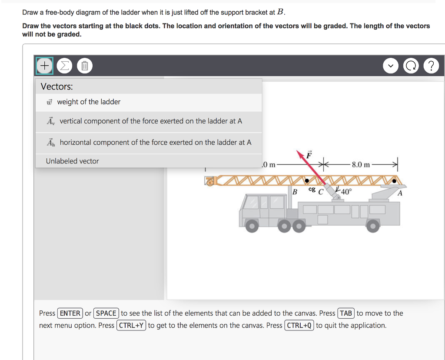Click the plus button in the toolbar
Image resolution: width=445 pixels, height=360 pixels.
point(44,66)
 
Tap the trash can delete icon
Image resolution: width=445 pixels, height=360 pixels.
point(85,66)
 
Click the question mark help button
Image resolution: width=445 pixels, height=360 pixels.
point(431,66)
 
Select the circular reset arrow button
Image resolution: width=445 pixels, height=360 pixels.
point(410,66)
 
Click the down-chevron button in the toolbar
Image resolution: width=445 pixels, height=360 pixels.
point(390,66)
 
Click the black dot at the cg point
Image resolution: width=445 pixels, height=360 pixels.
point(307,180)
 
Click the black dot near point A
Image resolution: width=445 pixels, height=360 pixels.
point(394,180)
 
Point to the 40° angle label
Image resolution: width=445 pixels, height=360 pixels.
point(346,192)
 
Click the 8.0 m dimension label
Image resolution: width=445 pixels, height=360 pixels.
point(361,165)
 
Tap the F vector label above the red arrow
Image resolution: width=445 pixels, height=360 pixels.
point(309,154)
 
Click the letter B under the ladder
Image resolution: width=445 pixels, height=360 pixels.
point(295,191)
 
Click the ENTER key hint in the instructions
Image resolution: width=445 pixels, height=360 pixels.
point(70,313)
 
